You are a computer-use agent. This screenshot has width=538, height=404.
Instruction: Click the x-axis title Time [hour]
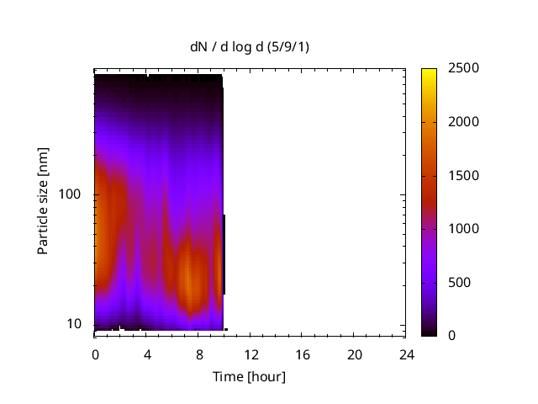(249, 376)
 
